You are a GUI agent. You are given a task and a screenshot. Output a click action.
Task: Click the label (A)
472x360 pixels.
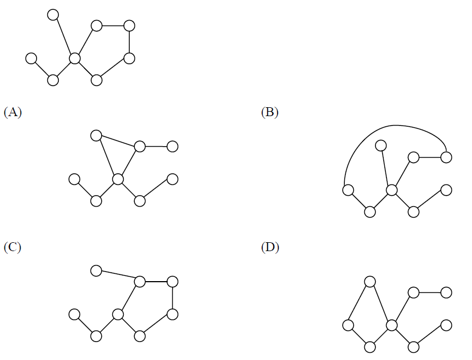coord(13,112)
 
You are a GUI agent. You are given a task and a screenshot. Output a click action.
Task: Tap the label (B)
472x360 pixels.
coord(270,112)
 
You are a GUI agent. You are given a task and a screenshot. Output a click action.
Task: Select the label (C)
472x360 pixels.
coord(12,247)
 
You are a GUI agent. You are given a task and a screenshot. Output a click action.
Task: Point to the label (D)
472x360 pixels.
coord(270,247)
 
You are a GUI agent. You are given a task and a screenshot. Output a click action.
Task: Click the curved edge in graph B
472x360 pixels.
coord(394,126)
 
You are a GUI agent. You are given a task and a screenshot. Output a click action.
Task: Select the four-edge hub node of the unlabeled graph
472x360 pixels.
coord(74,58)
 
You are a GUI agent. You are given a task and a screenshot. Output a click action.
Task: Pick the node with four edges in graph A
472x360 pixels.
coord(118,179)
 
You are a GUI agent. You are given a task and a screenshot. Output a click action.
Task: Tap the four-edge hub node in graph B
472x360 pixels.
coord(391,190)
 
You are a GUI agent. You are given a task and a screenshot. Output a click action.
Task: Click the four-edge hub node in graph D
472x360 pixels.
coord(391,326)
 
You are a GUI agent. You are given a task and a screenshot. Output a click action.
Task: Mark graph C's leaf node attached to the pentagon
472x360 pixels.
coord(96,271)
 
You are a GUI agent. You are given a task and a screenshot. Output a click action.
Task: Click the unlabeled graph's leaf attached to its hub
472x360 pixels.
coord(53,15)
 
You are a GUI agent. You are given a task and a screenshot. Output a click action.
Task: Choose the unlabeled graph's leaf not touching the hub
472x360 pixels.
coord(31,58)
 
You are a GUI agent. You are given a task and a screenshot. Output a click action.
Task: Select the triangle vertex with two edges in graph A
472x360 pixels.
coord(96,136)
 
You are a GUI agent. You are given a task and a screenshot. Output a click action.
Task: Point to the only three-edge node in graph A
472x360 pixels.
coord(140,147)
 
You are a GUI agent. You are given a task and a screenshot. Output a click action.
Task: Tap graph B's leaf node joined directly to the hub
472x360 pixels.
coord(381,146)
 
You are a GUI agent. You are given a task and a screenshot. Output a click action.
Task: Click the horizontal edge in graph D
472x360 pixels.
coord(430,293)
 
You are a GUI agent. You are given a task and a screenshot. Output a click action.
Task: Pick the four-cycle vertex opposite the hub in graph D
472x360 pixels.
coord(348,326)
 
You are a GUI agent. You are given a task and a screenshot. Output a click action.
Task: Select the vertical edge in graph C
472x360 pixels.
coord(173,298)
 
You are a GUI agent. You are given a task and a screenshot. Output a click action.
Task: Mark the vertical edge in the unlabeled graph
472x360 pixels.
coord(129,42)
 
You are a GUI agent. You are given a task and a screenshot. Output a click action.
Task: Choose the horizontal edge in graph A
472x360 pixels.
coord(156,147)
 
